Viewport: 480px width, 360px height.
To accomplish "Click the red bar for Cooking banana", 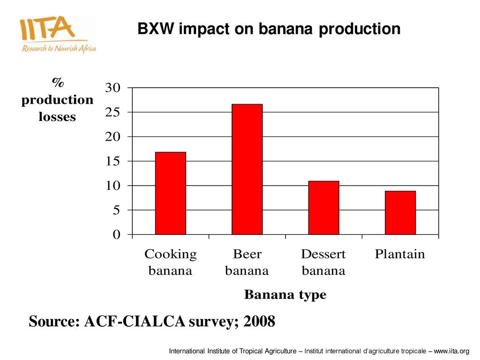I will tap(171, 193).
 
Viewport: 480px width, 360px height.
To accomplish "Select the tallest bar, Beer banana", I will tap(247, 169).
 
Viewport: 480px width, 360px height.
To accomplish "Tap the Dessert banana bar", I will tap(323, 208).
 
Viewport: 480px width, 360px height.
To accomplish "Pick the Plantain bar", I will tap(400, 212).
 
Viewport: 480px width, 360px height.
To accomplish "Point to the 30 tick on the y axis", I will tap(116, 88).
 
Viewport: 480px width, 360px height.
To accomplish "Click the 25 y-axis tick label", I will tap(116, 112).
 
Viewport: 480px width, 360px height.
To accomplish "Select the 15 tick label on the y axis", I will tap(116, 161).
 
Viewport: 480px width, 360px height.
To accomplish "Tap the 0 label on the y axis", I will tap(116, 235).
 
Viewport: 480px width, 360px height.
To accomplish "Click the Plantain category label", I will tap(400, 255).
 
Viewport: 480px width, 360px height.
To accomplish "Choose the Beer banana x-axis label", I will tap(247, 262).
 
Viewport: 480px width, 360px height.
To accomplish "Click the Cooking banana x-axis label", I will tap(171, 262).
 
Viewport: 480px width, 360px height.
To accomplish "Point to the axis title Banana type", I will tap(285, 295).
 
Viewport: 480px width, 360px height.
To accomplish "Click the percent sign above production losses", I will tap(57, 83).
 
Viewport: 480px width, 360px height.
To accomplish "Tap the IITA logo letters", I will tap(47, 29).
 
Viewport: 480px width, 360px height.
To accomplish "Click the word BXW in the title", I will tap(156, 30).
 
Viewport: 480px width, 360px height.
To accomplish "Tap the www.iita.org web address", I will tap(451, 351).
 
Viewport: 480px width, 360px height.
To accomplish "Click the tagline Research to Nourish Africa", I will tap(59, 49).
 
